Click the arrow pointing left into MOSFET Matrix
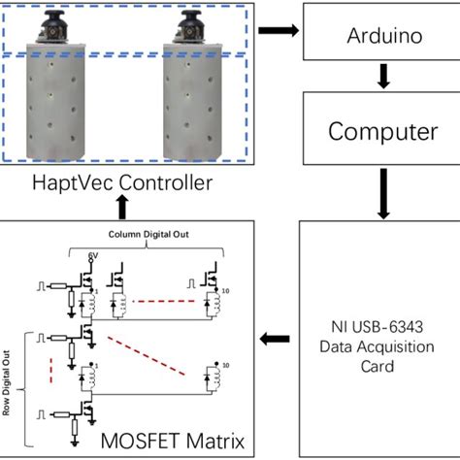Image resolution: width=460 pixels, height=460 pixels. coord(276,339)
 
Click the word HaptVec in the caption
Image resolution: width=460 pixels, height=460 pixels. coord(71,181)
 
